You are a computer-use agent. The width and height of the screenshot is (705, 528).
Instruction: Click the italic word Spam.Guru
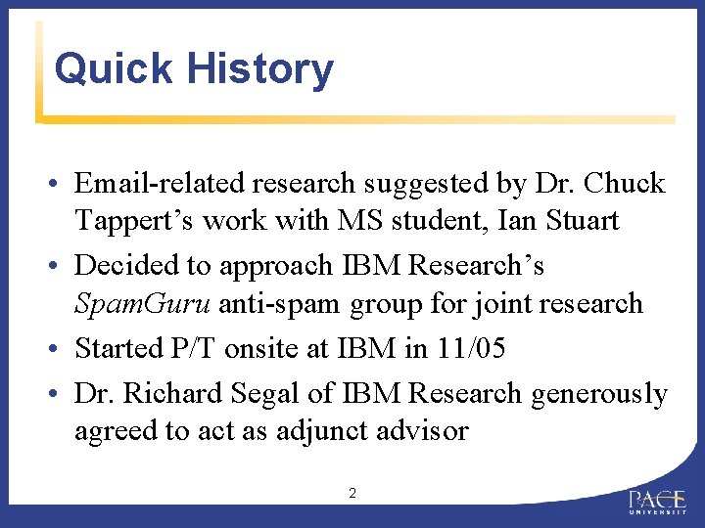pos(143,304)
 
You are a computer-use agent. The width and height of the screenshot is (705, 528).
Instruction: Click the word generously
pos(599,393)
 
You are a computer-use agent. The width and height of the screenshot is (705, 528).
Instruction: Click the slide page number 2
pos(352,494)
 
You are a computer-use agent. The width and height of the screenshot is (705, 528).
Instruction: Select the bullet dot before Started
pos(61,349)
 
